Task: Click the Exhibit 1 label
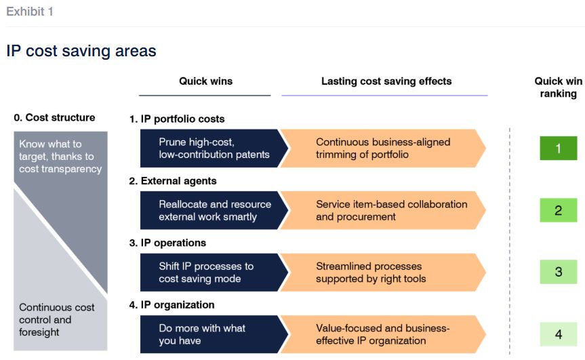click(x=30, y=12)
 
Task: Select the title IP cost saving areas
click(x=81, y=51)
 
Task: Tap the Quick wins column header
click(x=205, y=81)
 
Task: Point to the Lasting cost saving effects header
click(x=386, y=81)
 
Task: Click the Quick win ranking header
click(x=559, y=87)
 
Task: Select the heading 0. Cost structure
click(x=54, y=117)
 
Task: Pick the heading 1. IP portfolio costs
click(x=177, y=119)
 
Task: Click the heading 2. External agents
click(x=173, y=181)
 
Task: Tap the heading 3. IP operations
click(x=167, y=243)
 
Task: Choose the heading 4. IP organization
click(x=172, y=305)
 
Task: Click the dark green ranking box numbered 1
click(x=558, y=148)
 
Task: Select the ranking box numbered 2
click(x=558, y=210)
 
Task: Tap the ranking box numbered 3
click(x=558, y=272)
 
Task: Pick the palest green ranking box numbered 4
click(x=558, y=334)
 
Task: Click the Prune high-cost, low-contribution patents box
click(x=214, y=148)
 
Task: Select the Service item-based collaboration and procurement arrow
click(x=384, y=210)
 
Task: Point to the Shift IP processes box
click(x=214, y=273)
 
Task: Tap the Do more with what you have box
click(x=214, y=334)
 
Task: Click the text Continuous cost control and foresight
click(x=57, y=320)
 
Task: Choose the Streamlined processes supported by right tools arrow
click(x=384, y=273)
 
